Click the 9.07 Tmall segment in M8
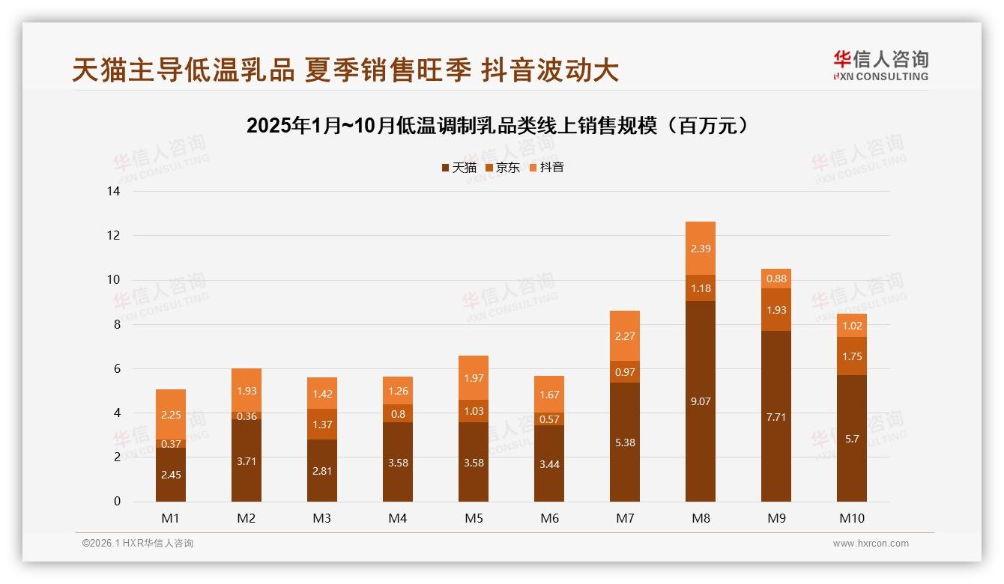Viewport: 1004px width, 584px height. click(701, 401)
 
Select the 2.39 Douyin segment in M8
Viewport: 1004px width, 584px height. click(701, 249)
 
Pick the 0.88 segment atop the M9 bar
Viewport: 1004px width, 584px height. click(776, 279)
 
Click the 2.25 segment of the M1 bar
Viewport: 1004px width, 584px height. click(171, 415)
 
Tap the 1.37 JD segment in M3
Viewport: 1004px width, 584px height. click(322, 425)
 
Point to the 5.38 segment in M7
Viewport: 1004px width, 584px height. click(625, 442)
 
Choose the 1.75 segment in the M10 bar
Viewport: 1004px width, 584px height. click(852, 356)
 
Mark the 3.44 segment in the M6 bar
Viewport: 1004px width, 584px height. click(549, 463)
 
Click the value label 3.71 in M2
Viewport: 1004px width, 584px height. click(247, 461)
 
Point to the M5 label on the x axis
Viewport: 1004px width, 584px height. click(474, 518)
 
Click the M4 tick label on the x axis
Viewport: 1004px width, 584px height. click(398, 518)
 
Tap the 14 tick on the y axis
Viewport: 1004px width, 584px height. click(113, 192)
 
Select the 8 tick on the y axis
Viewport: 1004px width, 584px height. click(116, 324)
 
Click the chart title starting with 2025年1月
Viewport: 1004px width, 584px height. click(498, 126)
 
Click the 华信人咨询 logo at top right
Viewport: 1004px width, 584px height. click(880, 65)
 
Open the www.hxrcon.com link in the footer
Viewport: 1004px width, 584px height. click(871, 544)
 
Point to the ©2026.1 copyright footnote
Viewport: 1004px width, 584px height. click(137, 544)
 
